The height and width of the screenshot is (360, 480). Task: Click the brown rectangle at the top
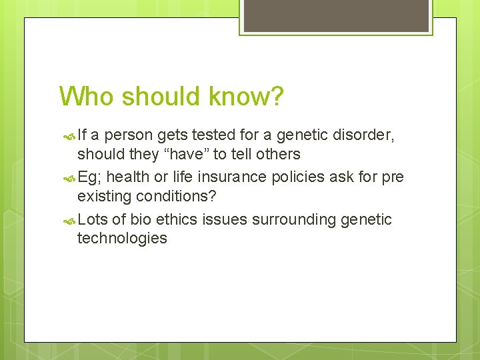(335, 15)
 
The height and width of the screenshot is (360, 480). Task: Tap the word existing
(105, 197)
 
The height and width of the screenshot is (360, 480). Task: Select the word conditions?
(177, 197)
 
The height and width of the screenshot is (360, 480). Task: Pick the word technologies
(122, 238)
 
